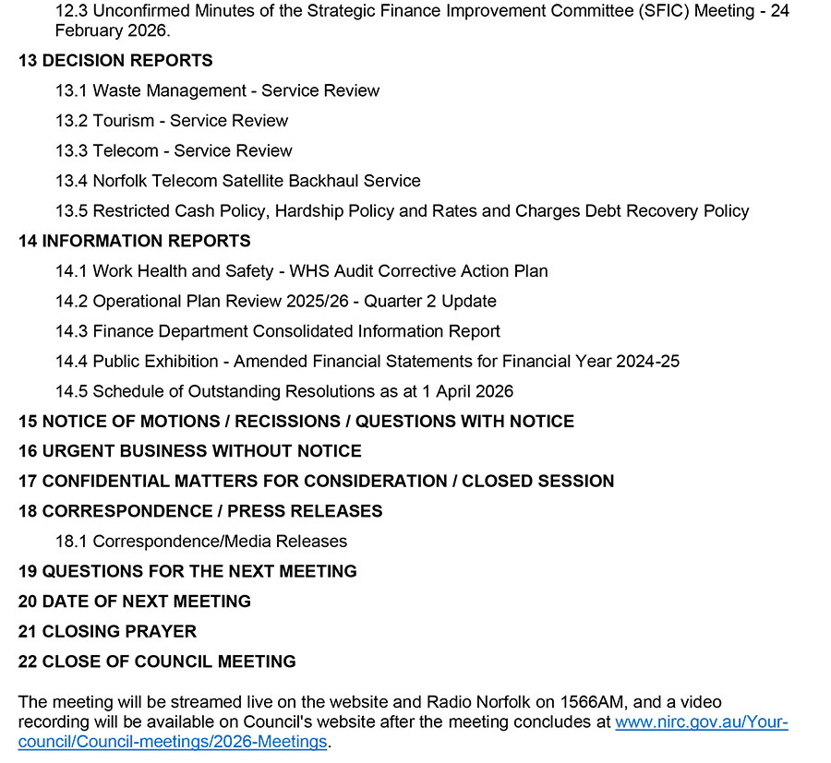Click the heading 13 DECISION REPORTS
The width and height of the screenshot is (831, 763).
[x=115, y=61]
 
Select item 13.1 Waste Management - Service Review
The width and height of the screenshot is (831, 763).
[x=217, y=90]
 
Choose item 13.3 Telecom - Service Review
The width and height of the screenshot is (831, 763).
[x=174, y=150]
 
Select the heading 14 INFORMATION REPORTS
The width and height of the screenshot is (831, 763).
[x=134, y=241]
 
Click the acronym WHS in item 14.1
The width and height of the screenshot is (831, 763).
[x=310, y=271]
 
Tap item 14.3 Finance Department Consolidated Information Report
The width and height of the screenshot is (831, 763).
[x=277, y=331]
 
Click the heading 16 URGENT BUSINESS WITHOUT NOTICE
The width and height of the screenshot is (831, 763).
[x=189, y=451]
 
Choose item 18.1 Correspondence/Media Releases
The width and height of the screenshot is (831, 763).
[x=201, y=542]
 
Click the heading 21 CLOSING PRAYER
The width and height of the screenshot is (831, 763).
[x=107, y=632]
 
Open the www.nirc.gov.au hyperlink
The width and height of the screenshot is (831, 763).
[x=702, y=722]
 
